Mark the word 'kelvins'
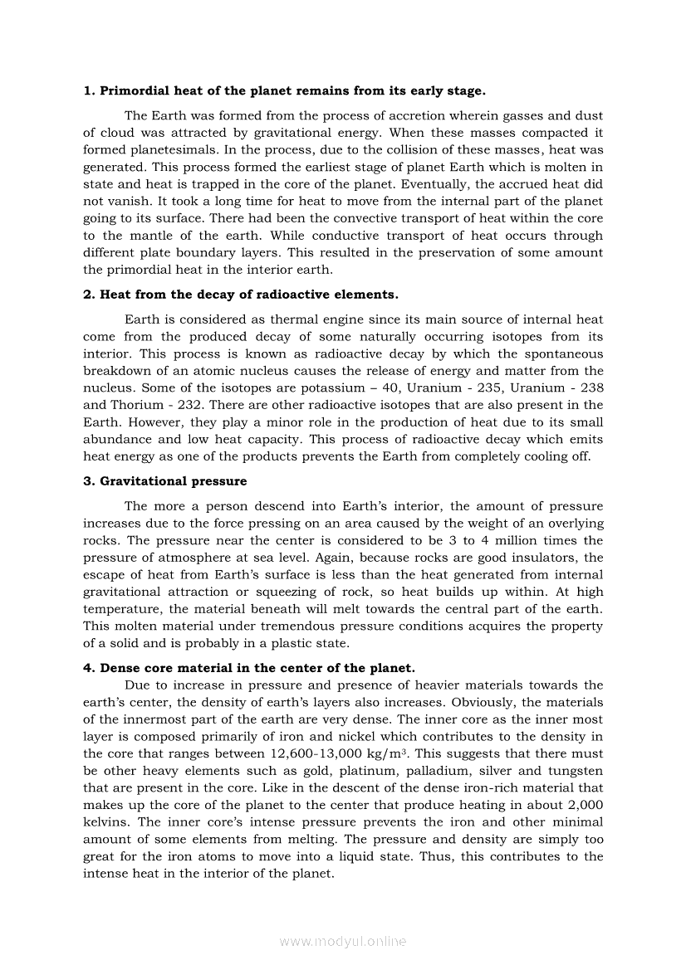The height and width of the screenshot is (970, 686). click(x=107, y=823)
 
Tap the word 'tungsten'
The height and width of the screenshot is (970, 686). click(x=575, y=771)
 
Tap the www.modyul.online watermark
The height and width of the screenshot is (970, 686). click(x=343, y=941)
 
